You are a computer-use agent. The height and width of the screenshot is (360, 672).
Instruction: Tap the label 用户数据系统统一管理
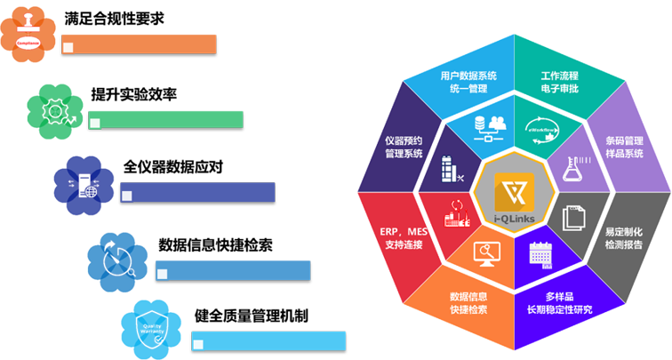click(x=468, y=82)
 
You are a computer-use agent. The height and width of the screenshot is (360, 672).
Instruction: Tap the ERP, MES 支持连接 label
click(x=402, y=237)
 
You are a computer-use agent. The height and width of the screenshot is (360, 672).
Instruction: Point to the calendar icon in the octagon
click(x=540, y=254)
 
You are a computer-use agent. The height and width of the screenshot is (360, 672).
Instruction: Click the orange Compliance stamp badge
click(x=28, y=32)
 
